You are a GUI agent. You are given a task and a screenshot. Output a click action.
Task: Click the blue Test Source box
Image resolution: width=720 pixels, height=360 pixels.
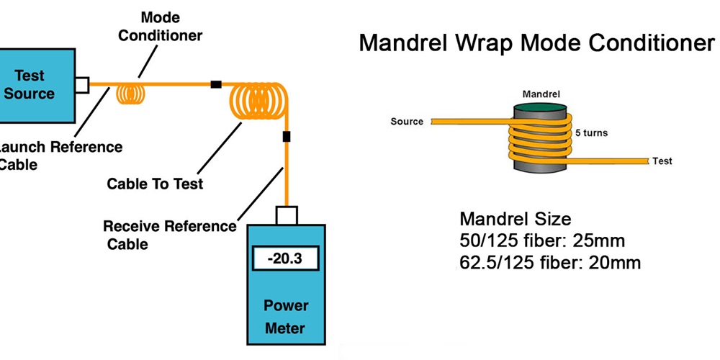(x=36, y=85)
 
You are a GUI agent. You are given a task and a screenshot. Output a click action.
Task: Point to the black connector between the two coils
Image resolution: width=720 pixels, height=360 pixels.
(x=215, y=84)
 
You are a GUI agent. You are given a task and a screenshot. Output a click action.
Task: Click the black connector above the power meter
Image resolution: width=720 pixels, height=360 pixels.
(x=287, y=136)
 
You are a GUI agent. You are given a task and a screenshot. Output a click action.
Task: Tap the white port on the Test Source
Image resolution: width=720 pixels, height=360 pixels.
(x=81, y=85)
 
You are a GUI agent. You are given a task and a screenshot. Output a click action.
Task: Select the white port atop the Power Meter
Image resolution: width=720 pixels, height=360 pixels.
(x=287, y=214)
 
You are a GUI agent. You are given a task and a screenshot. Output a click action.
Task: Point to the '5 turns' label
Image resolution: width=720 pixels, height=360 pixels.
(x=590, y=133)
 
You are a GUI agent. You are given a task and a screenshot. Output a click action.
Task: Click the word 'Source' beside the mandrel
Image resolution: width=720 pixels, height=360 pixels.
(x=407, y=121)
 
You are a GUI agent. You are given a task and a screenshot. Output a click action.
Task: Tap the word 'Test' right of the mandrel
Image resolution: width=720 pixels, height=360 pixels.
(x=662, y=161)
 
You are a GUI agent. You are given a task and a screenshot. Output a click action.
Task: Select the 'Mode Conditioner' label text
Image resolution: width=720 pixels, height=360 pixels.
(x=160, y=26)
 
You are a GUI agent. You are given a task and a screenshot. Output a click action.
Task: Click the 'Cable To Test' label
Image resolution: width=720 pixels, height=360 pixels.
(x=155, y=184)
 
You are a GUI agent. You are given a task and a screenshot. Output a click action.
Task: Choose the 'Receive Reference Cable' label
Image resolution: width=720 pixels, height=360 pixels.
(x=169, y=235)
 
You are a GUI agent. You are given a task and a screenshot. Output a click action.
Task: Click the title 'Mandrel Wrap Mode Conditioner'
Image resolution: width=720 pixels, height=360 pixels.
(x=536, y=42)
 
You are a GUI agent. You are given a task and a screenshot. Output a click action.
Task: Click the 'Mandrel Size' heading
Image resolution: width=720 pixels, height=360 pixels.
(x=515, y=218)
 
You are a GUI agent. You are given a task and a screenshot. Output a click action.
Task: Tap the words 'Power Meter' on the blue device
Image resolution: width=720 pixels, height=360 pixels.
(x=285, y=317)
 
